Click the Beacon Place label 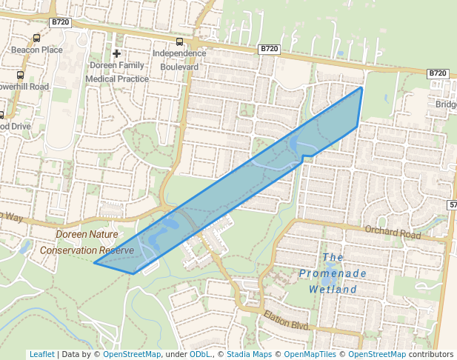[36, 50]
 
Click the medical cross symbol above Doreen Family [116, 53]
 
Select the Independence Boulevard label [179, 60]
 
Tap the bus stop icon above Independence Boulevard [179, 42]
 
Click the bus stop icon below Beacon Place [20, 75]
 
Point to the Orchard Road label [393, 233]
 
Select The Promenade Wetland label [333, 273]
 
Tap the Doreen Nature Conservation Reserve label [87, 242]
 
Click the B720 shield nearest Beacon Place [59, 23]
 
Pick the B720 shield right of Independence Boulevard [269, 49]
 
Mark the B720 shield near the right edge [438, 73]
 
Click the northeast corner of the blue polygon [361, 87]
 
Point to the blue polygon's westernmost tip [94, 262]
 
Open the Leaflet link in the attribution [42, 355]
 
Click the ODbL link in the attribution [200, 355]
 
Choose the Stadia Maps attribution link [248, 355]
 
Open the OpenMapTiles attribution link [309, 355]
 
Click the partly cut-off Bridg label [446, 104]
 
